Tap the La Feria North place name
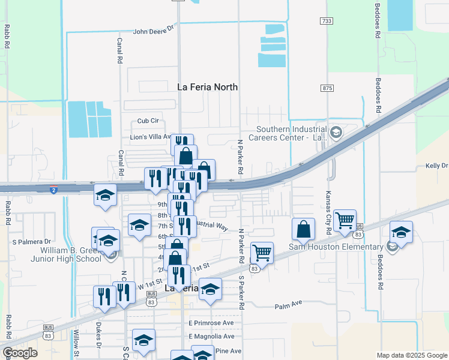click(x=208, y=87)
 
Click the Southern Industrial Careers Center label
click(x=292, y=133)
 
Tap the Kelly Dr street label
click(x=436, y=166)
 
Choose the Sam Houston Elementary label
click(x=336, y=247)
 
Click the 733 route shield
click(x=327, y=21)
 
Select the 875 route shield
click(x=327, y=88)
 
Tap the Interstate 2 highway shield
click(x=53, y=189)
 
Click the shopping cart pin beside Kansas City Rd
click(x=345, y=221)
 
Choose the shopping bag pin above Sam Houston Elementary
click(x=304, y=229)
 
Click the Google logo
click(x=20, y=353)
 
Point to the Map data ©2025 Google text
click(x=411, y=355)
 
